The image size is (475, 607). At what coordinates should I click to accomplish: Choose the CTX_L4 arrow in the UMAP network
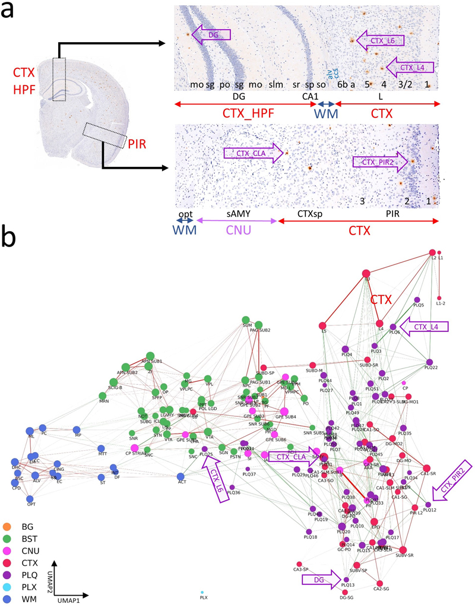click(423, 326)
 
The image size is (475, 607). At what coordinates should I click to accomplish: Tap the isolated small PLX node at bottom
click(202, 592)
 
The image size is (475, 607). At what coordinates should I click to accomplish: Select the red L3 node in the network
click(367, 273)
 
